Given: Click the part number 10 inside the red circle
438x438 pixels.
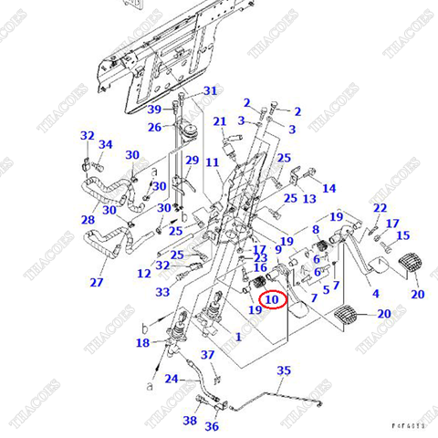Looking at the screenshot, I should pyautogui.click(x=273, y=298).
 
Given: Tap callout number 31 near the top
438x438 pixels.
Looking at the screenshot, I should pyautogui.click(x=211, y=90).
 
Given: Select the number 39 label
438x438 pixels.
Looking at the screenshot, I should pyautogui.click(x=155, y=109).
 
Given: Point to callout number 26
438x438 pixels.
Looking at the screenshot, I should pyautogui.click(x=155, y=127).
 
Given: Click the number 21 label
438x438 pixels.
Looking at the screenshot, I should pyautogui.click(x=219, y=121).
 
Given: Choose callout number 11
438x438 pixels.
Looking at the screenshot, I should pyautogui.click(x=212, y=162).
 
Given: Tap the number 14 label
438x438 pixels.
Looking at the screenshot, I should pyautogui.click(x=329, y=188).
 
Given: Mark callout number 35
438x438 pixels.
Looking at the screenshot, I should pyautogui.click(x=284, y=370).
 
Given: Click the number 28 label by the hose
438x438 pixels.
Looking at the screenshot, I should pyautogui.click(x=88, y=220).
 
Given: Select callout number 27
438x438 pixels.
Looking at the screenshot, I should pyautogui.click(x=96, y=282).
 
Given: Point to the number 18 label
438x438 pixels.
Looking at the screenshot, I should pyautogui.click(x=143, y=343).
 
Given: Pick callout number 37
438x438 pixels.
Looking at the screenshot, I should pyautogui.click(x=208, y=354).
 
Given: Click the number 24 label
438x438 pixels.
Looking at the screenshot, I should pyautogui.click(x=172, y=378).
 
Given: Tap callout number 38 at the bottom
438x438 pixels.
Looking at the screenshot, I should pyautogui.click(x=189, y=421).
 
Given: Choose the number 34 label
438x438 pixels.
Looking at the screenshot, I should pyautogui.click(x=106, y=144).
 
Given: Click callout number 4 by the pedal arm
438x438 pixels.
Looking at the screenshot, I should pyautogui.click(x=375, y=294).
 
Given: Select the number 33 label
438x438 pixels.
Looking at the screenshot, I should pyautogui.click(x=162, y=292).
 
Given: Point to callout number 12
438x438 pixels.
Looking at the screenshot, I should pyautogui.click(x=144, y=273).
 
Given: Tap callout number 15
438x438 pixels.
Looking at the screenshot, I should pyautogui.click(x=402, y=235).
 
